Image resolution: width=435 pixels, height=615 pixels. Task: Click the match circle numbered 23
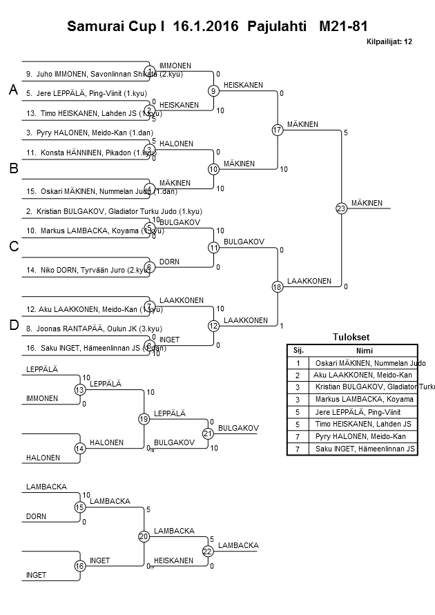341,208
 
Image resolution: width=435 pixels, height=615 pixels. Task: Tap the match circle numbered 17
278,130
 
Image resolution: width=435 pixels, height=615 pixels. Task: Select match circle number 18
278,287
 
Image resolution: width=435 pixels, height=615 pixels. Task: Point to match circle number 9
214,90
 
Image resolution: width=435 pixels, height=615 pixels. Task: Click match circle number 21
208,433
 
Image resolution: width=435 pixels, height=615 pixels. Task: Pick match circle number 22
208,551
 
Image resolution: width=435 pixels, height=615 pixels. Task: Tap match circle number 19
144,418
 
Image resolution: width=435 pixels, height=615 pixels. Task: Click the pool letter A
13,90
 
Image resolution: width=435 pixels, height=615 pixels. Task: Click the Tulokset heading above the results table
351,338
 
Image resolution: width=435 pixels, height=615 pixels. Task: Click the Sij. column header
298,350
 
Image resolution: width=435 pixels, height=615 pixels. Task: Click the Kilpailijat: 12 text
389,41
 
